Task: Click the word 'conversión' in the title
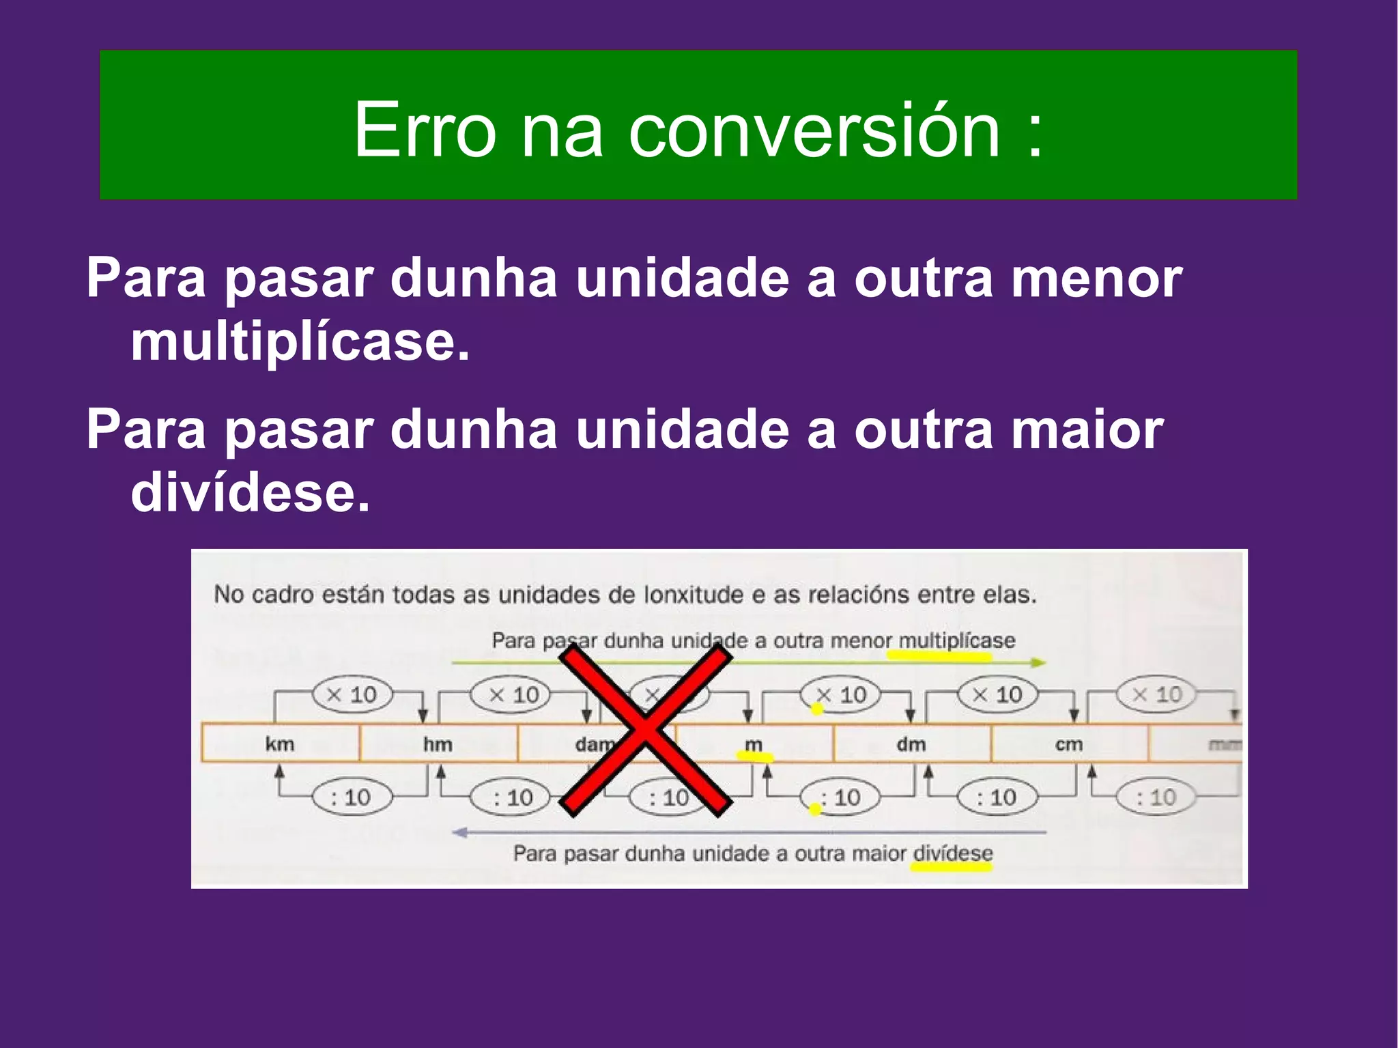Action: click(814, 130)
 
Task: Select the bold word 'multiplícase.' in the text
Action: click(300, 341)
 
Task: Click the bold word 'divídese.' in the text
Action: click(251, 492)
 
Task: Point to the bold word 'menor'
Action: click(1096, 279)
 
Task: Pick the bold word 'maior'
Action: click(1087, 429)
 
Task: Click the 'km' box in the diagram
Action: click(280, 743)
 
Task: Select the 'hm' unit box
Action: click(438, 743)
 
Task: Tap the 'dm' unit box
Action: click(911, 743)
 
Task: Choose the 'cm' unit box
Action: click(1068, 743)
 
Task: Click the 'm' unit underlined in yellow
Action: click(754, 744)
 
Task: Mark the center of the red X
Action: click(645, 731)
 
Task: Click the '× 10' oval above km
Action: click(352, 695)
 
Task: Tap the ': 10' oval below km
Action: click(352, 797)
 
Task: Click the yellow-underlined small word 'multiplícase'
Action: click(956, 640)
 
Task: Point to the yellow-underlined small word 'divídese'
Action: click(953, 853)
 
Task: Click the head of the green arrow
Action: click(1038, 662)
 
